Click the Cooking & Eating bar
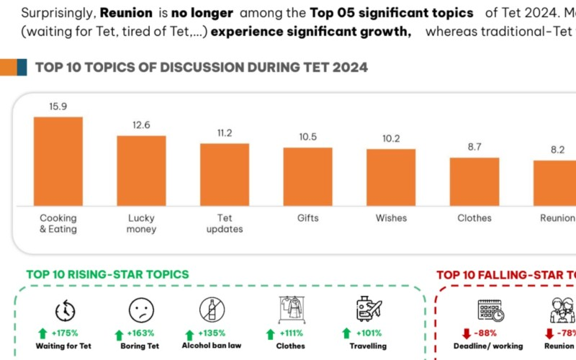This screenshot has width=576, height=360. tap(58, 162)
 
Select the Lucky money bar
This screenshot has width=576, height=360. tap(141, 171)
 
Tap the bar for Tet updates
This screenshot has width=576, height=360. tap(225, 175)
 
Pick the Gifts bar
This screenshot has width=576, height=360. tap(307, 177)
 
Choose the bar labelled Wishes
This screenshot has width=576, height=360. tap(391, 178)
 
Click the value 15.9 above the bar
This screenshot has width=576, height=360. tap(58, 107)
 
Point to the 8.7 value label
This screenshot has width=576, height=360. tap(474, 147)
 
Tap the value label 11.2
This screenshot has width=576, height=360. tap(225, 133)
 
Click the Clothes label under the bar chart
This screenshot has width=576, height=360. tap(474, 218)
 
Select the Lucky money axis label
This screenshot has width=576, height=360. tap(141, 223)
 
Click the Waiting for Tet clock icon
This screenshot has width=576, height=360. tap(65, 310)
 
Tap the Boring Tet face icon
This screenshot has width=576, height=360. tap(141, 310)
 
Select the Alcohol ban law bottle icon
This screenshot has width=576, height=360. tap(212, 310)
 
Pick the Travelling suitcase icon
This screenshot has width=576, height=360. tap(369, 309)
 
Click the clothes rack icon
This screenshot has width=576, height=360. tap(291, 310)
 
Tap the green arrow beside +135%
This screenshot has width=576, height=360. tap(189, 334)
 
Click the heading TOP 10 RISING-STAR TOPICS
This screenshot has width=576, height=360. tap(108, 274)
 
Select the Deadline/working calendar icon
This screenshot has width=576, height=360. tap(490, 310)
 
